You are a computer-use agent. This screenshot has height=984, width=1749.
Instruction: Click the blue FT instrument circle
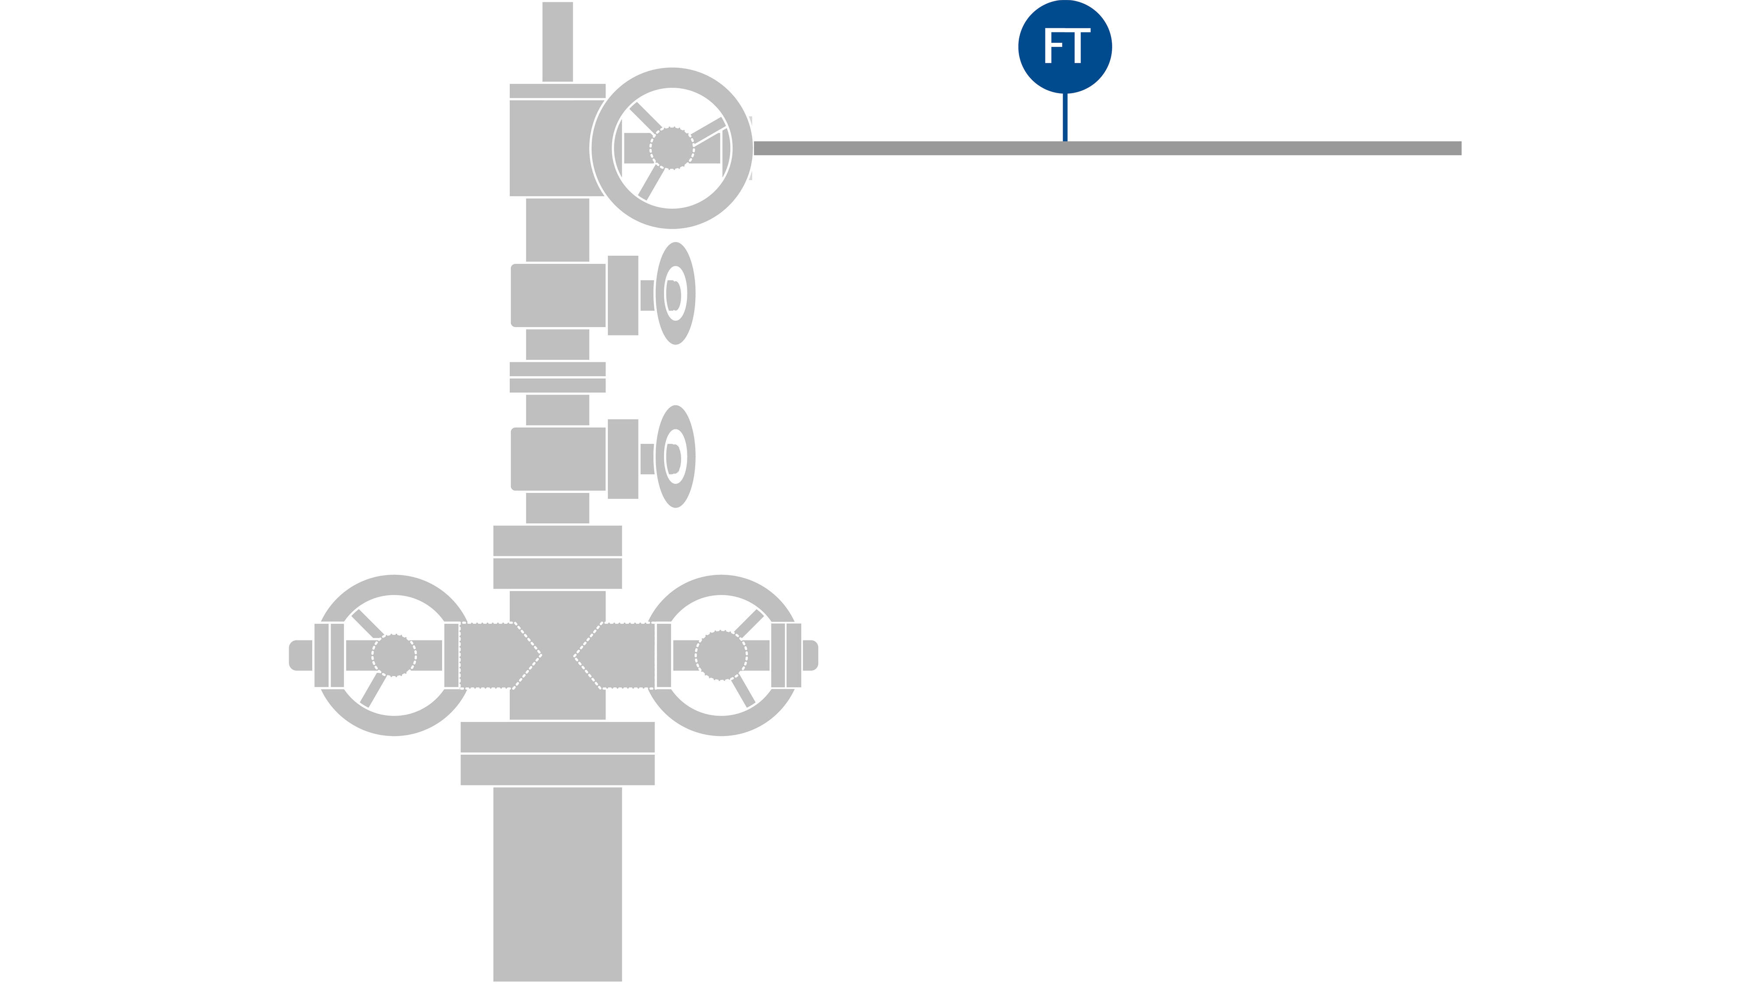(1065, 47)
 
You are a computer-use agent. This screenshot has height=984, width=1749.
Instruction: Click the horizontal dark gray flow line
(1108, 148)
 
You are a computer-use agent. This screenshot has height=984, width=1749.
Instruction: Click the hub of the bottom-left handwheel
(394, 655)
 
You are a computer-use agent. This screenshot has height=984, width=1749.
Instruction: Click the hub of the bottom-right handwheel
(721, 655)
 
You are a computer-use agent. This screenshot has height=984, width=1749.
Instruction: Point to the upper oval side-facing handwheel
(675, 293)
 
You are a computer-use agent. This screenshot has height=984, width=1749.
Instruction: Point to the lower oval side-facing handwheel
(675, 456)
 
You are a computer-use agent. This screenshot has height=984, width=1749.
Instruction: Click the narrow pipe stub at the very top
(557, 42)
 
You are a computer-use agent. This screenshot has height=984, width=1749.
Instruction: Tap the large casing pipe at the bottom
(557, 884)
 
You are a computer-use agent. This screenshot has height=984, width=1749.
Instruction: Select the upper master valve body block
(558, 295)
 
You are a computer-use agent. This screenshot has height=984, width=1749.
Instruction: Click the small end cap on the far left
(301, 655)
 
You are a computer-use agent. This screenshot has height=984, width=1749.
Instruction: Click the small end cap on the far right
(811, 655)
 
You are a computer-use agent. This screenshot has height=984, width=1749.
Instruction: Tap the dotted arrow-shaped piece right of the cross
(614, 655)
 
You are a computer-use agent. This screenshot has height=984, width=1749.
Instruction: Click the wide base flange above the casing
(557, 753)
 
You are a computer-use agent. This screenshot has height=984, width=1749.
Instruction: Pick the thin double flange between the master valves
(557, 377)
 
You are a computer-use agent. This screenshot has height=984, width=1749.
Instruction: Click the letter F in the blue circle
(1053, 46)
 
